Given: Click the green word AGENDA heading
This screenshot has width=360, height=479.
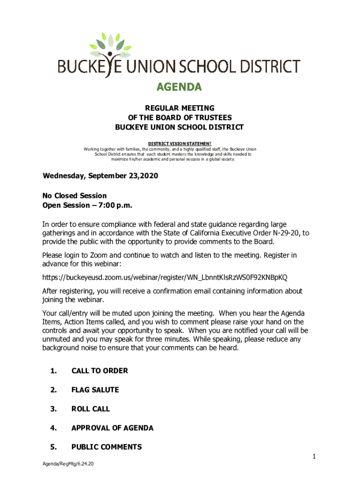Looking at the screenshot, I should coord(179,87).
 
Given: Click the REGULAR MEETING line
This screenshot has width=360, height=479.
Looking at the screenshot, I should coord(179,109).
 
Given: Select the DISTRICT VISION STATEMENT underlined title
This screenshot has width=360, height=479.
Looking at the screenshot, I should coord(180,143).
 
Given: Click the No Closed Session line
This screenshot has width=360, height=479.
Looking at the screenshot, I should coord(74,196).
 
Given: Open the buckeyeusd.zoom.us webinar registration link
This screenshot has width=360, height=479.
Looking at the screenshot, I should coord(171,277).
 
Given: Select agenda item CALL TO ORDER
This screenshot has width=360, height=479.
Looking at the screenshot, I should coord(100,371).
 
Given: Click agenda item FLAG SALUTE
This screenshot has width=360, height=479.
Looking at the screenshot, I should coord(95,390).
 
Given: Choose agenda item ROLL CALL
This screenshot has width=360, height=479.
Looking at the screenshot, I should coord(91,409).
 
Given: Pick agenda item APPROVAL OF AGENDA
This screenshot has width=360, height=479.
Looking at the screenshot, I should coord(112,428).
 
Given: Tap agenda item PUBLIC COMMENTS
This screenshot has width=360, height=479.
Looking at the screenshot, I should coord(107,447).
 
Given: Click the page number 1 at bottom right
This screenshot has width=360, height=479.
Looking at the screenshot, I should coord(314,456).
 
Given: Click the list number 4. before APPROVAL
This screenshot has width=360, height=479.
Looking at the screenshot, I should coord(53,428).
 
